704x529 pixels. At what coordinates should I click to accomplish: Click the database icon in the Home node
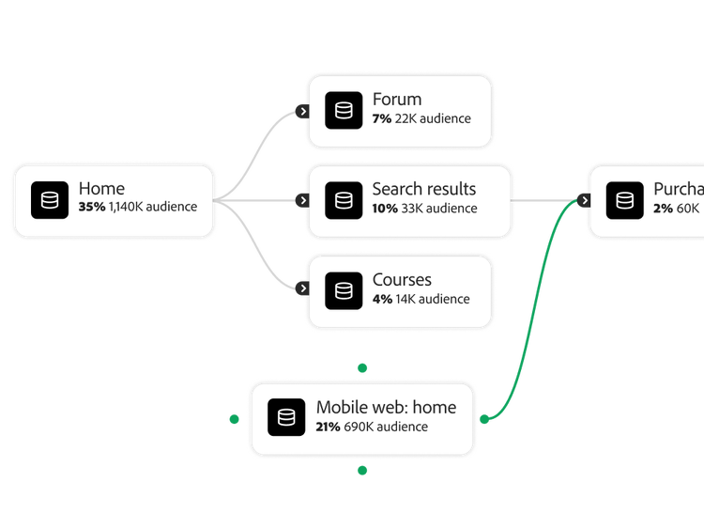(x=50, y=200)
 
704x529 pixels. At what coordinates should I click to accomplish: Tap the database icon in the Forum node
(x=344, y=111)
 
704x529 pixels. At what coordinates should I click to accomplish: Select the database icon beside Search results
(x=344, y=200)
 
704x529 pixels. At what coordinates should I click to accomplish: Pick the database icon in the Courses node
(x=344, y=290)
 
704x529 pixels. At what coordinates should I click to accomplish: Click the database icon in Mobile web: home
(x=286, y=418)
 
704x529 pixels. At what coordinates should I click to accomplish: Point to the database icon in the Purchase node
(x=624, y=200)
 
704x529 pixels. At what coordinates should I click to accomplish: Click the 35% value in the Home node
(x=92, y=207)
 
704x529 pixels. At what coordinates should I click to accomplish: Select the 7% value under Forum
(x=381, y=118)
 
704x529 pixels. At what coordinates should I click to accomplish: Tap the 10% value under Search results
(x=385, y=209)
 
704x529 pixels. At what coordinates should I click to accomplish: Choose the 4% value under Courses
(x=382, y=299)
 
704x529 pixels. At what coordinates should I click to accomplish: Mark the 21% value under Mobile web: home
(x=328, y=427)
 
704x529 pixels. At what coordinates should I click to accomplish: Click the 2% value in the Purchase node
(x=663, y=209)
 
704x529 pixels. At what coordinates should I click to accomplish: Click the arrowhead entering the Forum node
(x=302, y=111)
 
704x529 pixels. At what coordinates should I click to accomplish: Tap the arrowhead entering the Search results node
(x=302, y=200)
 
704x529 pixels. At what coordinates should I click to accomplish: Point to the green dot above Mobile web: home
(x=362, y=367)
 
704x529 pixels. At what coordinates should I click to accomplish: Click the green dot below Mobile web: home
(x=362, y=470)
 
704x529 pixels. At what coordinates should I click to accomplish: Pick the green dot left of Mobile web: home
(x=234, y=419)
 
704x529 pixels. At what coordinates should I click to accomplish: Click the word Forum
(x=396, y=100)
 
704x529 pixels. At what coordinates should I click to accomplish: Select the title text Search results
(x=423, y=189)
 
